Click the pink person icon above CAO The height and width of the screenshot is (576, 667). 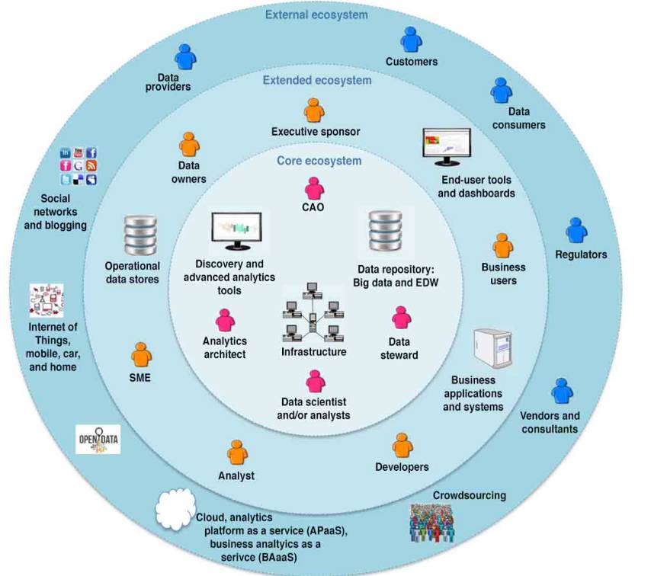314,188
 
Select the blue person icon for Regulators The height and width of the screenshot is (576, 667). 576,231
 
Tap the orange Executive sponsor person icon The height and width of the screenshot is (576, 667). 314,110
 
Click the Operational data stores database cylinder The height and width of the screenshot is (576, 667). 140,235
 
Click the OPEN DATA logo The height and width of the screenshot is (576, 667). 99,440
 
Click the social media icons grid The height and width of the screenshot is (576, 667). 78,166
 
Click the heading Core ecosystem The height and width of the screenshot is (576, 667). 319,161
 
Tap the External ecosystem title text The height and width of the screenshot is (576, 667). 316,14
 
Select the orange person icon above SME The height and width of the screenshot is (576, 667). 141,354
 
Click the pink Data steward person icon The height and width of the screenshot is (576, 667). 402,318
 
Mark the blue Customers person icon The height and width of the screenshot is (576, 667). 411,40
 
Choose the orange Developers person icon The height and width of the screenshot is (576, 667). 402,446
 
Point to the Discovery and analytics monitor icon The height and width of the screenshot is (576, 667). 236,231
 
